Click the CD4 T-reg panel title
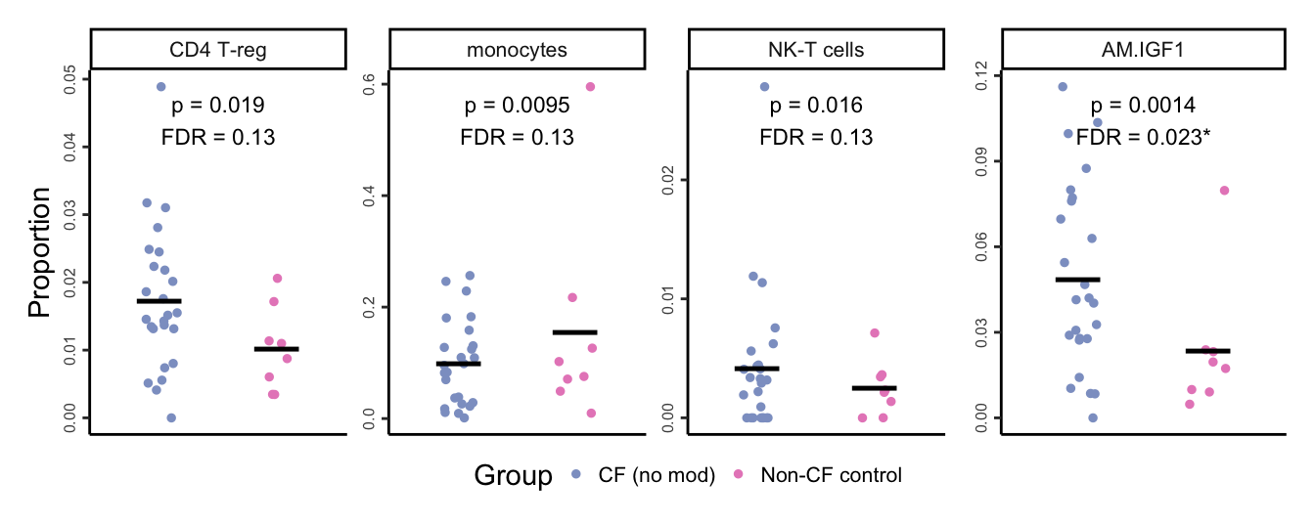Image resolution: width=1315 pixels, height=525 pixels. click(x=217, y=49)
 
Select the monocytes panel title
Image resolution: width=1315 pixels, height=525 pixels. click(x=517, y=49)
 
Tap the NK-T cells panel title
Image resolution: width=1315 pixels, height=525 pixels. click(x=816, y=49)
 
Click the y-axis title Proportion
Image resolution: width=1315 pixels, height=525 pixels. click(x=39, y=252)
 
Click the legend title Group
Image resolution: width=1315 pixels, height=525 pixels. click(x=513, y=476)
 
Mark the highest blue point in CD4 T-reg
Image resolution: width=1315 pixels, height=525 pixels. click(x=161, y=87)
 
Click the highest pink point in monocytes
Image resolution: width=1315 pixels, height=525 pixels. click(x=591, y=87)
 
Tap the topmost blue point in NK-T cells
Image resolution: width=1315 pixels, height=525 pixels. click(x=765, y=87)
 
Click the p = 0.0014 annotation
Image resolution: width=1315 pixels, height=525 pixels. click(x=1143, y=106)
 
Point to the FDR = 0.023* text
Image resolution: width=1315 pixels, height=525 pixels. click(x=1143, y=138)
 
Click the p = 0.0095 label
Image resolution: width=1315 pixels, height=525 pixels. click(x=517, y=106)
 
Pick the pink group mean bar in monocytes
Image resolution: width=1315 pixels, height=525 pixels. click(x=574, y=332)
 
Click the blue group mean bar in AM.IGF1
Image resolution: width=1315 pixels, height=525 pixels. click(x=1077, y=280)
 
